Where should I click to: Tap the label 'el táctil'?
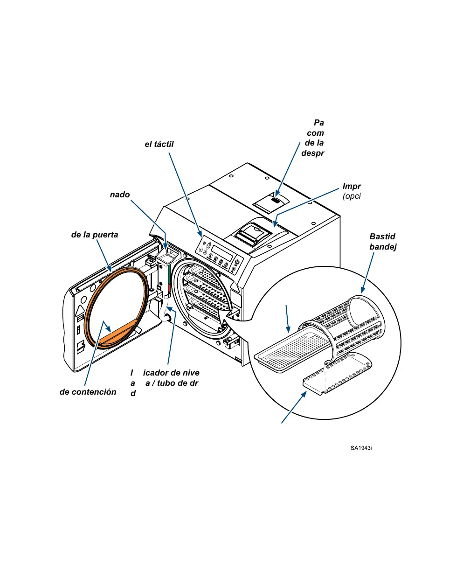(x=159, y=145)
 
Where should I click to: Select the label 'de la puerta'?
(x=94, y=235)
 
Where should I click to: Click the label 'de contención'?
(x=88, y=392)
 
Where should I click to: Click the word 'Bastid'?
(x=382, y=237)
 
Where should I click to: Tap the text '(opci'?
(x=352, y=196)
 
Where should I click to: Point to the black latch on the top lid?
(x=276, y=201)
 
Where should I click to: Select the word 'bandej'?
(x=383, y=247)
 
